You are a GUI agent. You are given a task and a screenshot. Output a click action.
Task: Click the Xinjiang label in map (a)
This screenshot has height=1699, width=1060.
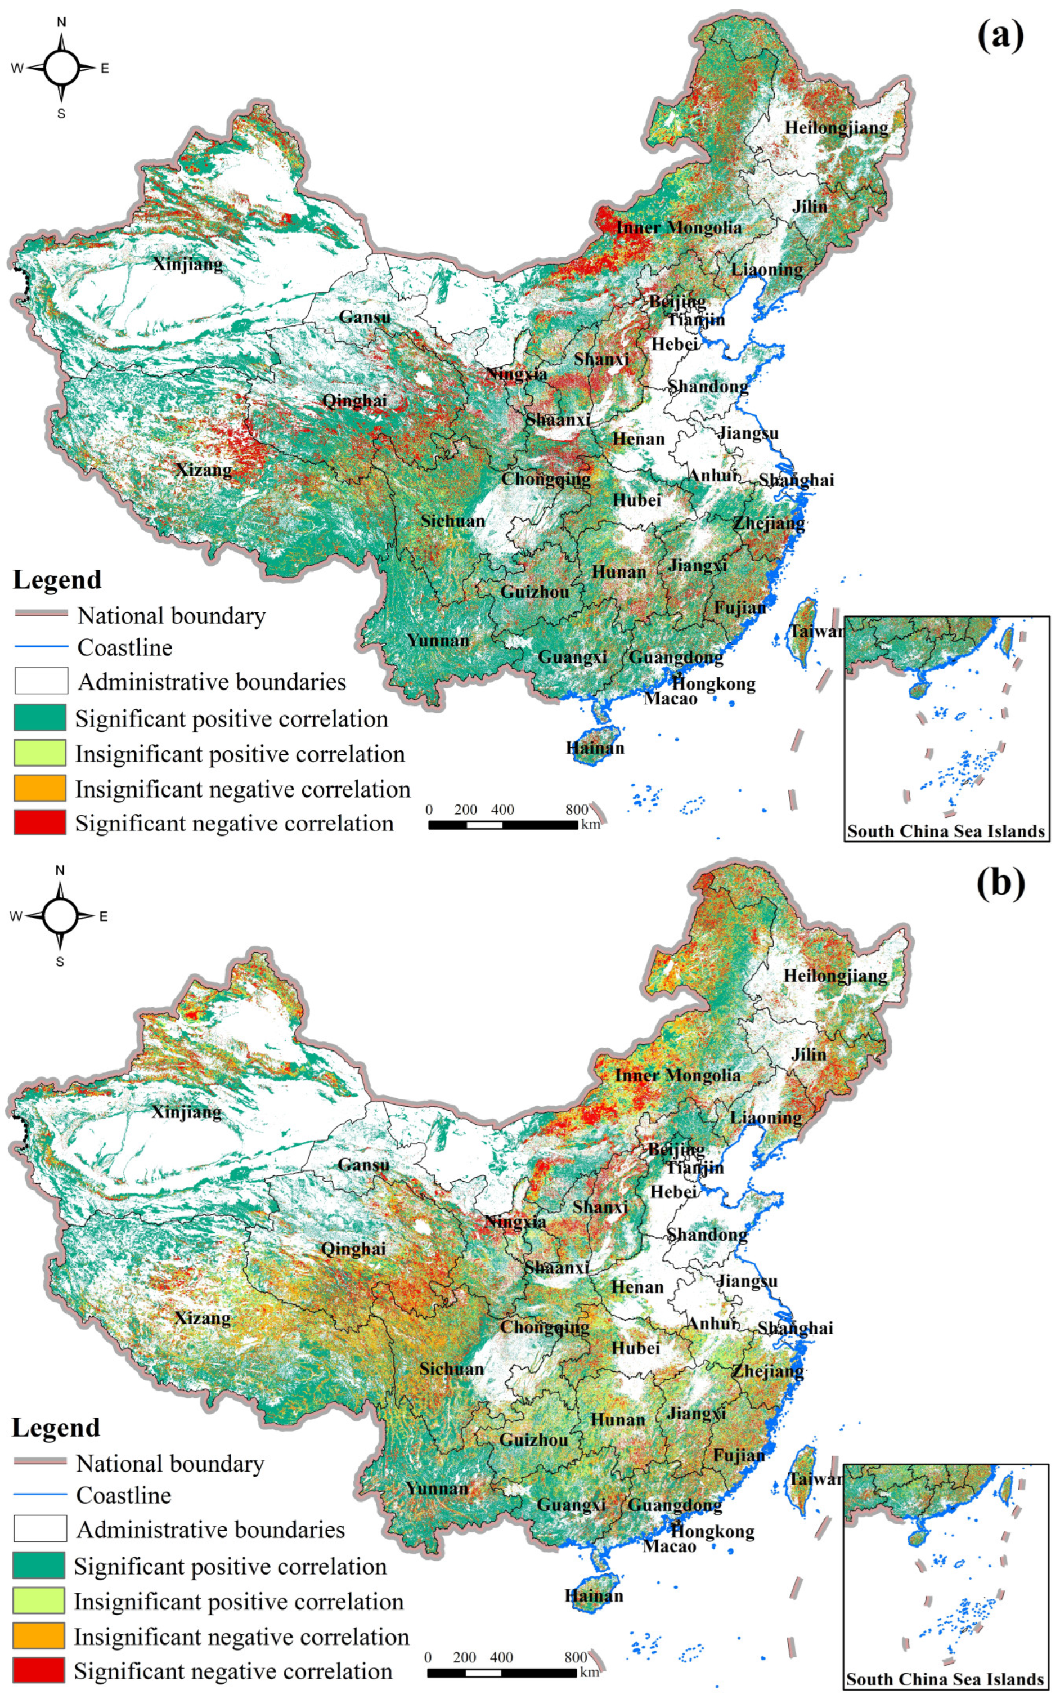pyautogui.click(x=188, y=265)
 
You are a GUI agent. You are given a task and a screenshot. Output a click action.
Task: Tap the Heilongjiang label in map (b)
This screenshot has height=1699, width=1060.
pyautogui.click(x=835, y=976)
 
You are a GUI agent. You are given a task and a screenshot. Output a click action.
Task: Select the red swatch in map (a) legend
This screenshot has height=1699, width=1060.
pyautogui.click(x=40, y=822)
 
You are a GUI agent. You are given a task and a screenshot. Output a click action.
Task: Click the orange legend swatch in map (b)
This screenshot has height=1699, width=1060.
pyautogui.click(x=39, y=1635)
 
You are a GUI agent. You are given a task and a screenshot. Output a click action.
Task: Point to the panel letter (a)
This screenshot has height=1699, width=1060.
pyautogui.click(x=1000, y=35)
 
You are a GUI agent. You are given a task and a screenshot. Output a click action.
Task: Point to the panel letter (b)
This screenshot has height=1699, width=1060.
pyautogui.click(x=1000, y=883)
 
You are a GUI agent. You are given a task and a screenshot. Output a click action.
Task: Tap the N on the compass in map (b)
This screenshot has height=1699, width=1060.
pyautogui.click(x=60, y=870)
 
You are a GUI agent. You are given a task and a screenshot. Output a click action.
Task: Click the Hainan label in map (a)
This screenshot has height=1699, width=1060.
pyautogui.click(x=595, y=748)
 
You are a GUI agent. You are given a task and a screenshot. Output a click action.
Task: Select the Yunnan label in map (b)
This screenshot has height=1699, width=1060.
pyautogui.click(x=437, y=1488)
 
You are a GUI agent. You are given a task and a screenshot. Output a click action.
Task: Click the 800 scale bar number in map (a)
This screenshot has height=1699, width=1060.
pyautogui.click(x=576, y=810)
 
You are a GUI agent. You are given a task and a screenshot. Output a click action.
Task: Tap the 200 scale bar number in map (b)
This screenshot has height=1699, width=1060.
pyautogui.click(x=464, y=1657)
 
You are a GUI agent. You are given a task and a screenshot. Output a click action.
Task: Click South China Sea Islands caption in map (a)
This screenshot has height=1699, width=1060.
pyautogui.click(x=946, y=831)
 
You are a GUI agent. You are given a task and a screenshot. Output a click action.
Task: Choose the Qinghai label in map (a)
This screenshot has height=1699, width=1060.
pyautogui.click(x=354, y=401)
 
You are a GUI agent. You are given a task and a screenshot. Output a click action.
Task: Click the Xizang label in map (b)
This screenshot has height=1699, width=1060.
pyautogui.click(x=202, y=1318)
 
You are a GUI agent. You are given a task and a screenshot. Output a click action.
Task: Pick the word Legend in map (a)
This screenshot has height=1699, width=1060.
pyautogui.click(x=57, y=579)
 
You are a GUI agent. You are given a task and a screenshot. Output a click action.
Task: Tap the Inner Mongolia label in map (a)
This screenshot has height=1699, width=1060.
pyautogui.click(x=679, y=227)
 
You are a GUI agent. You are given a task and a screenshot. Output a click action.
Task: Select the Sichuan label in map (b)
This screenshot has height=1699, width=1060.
pyautogui.click(x=451, y=1369)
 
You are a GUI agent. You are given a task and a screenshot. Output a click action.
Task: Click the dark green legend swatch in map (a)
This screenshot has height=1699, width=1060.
pyautogui.click(x=40, y=718)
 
